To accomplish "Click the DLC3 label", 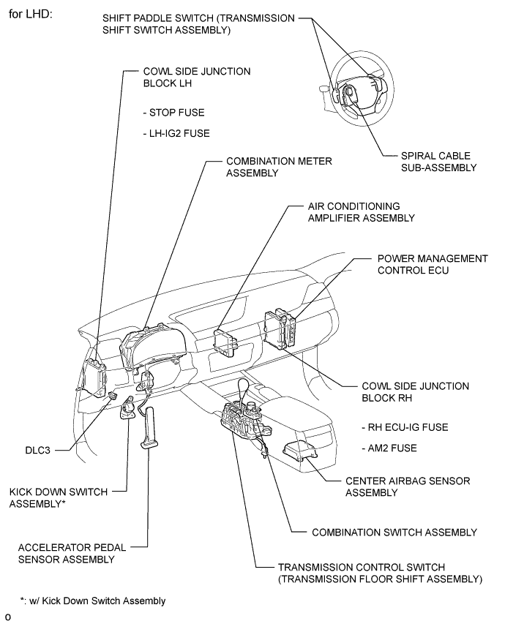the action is pos(38,450).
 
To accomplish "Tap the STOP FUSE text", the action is pos(173,113).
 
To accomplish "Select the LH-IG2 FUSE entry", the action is pos(176,133).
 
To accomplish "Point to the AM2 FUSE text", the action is pos(389,448).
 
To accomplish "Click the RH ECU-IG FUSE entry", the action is pos(405,427).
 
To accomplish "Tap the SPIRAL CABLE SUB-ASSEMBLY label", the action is pos(438,162).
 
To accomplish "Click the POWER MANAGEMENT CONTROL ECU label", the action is pos(433,264).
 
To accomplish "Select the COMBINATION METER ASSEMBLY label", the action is pos(279,167).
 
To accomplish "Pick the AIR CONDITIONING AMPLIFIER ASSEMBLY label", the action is pos(362,212).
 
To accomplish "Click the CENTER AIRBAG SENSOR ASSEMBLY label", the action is pos(408,486).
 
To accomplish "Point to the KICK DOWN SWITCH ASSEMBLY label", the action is pos(58,498).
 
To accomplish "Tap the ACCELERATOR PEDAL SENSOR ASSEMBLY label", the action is pos(72,553).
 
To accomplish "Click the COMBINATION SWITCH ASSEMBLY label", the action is pos(394,533).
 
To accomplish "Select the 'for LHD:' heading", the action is pos(31,15).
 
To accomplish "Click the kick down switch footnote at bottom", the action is pos(92,601).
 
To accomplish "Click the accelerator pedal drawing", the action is pos(149,428).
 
